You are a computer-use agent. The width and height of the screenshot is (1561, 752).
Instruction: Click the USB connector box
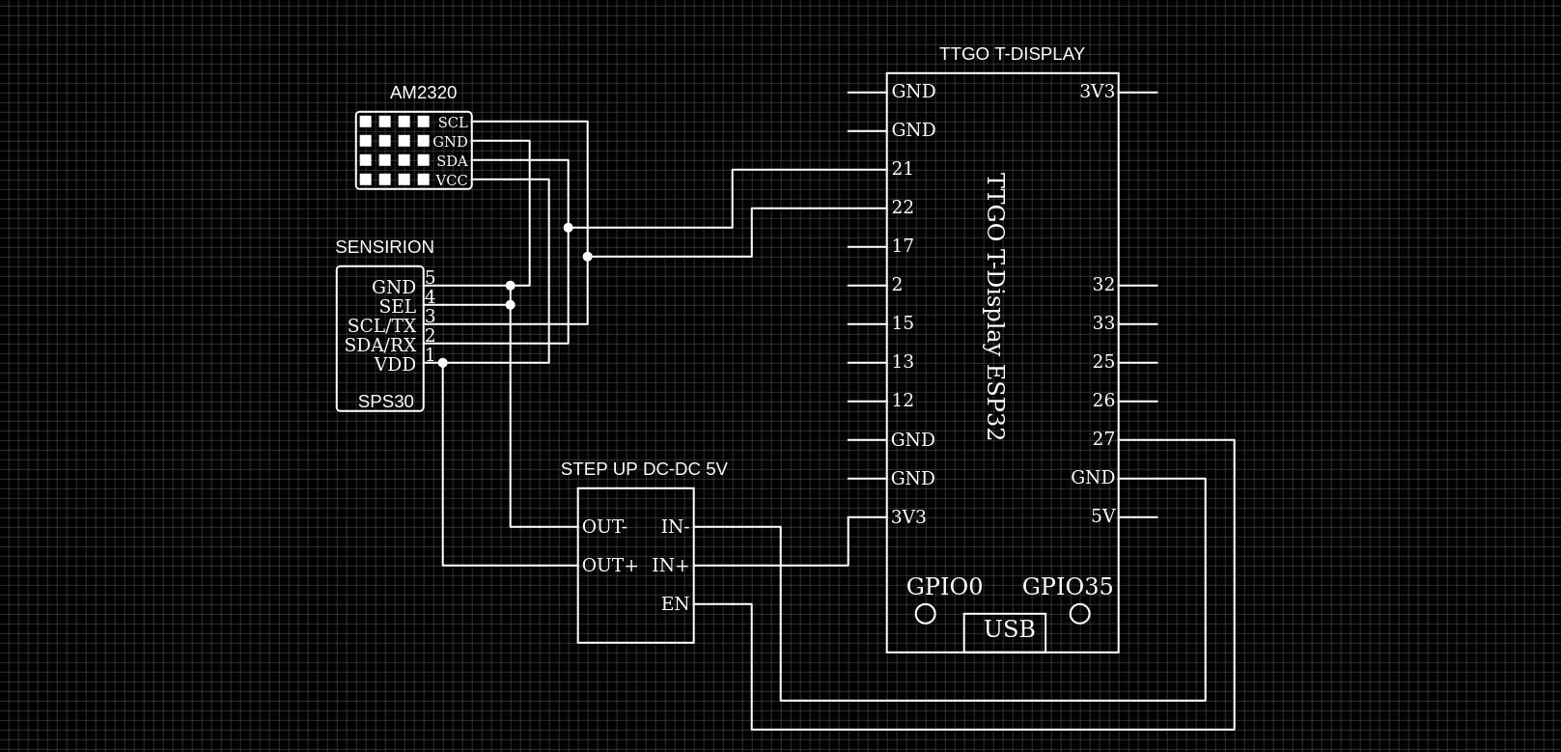(x=1004, y=631)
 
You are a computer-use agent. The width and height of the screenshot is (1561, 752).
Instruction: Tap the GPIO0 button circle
(x=925, y=614)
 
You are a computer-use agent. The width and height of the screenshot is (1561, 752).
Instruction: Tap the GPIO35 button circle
(x=1080, y=614)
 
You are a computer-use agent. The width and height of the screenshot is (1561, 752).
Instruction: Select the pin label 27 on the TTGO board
(x=1103, y=439)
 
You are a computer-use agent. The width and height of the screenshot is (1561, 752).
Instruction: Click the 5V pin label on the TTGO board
(x=1102, y=516)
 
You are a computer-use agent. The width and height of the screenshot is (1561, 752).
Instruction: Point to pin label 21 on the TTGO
(x=903, y=169)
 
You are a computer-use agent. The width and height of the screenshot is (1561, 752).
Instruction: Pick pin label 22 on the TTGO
(x=903, y=208)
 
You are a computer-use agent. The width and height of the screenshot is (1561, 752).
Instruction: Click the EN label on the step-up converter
(x=675, y=604)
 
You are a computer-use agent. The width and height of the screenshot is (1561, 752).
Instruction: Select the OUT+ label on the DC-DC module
(x=609, y=566)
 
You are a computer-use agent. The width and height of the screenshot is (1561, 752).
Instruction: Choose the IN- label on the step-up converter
(x=675, y=527)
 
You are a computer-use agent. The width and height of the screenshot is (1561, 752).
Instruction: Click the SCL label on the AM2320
(x=453, y=123)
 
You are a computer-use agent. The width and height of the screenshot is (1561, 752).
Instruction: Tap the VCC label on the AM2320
(x=451, y=181)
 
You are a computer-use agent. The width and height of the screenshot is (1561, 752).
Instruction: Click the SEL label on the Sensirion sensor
(x=397, y=306)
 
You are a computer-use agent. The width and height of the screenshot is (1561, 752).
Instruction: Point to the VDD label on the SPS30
(x=395, y=364)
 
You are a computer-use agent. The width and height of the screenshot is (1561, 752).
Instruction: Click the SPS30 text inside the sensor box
(x=385, y=402)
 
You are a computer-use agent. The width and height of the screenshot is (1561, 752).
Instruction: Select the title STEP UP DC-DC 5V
(x=644, y=469)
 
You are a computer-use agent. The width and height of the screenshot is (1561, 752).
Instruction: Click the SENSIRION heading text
(x=384, y=247)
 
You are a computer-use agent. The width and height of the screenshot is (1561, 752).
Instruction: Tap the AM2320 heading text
(x=423, y=93)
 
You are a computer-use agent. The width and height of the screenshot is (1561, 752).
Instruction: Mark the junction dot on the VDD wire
(x=443, y=363)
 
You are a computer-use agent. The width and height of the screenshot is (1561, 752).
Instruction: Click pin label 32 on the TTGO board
(x=1103, y=285)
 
